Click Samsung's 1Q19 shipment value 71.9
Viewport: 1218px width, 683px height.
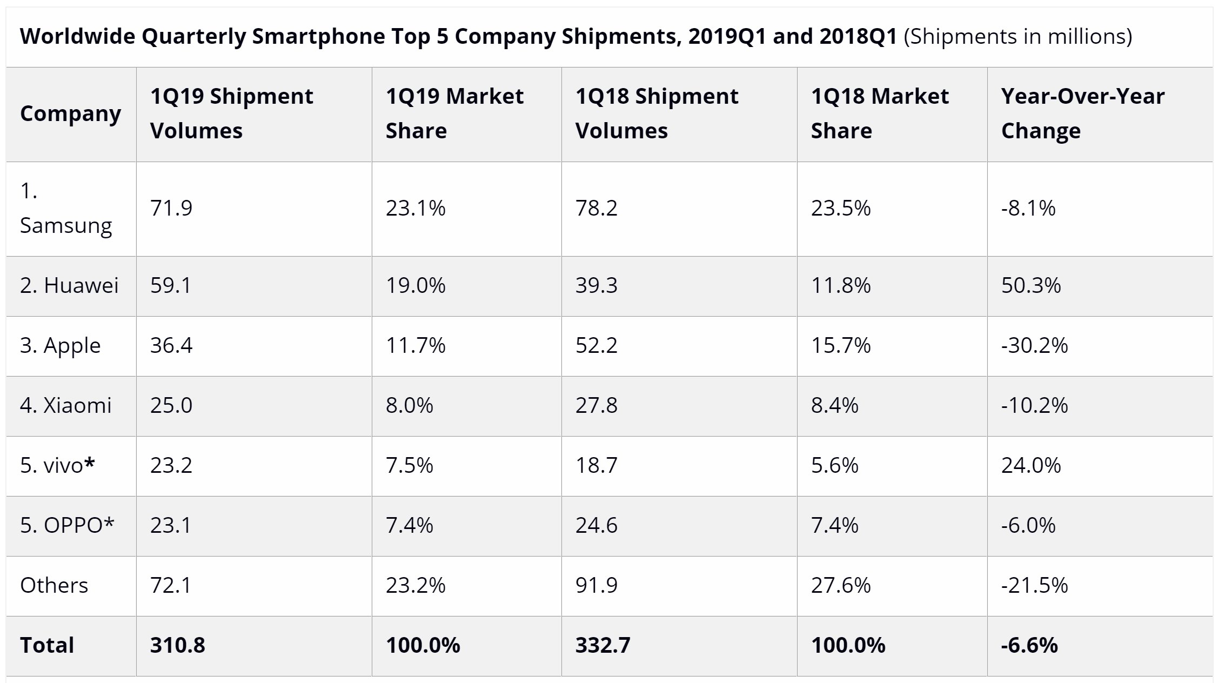click(171, 208)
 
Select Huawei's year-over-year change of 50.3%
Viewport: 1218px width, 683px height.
click(1030, 285)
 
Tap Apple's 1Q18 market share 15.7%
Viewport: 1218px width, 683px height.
click(840, 345)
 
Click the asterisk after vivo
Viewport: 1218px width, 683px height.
click(90, 463)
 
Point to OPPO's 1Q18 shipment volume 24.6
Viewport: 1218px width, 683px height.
click(595, 525)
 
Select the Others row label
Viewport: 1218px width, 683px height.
click(54, 585)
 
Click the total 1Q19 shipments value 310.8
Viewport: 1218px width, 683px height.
click(177, 645)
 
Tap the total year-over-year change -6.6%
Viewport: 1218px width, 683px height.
click(1029, 645)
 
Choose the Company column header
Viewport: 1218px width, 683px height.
click(70, 113)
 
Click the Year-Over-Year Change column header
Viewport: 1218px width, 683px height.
click(1082, 113)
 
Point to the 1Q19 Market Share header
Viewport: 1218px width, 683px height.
click(454, 113)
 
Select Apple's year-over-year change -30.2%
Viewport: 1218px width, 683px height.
click(1034, 345)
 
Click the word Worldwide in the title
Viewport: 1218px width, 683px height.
click(77, 36)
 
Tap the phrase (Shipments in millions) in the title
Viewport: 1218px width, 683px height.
click(1017, 36)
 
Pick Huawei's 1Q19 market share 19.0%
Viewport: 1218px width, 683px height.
click(415, 285)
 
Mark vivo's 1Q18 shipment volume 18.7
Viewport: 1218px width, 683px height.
click(595, 465)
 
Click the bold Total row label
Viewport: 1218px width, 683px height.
click(47, 645)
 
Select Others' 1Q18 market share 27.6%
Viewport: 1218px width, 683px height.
click(840, 585)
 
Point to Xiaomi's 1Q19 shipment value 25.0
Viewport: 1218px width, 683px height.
click(171, 405)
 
